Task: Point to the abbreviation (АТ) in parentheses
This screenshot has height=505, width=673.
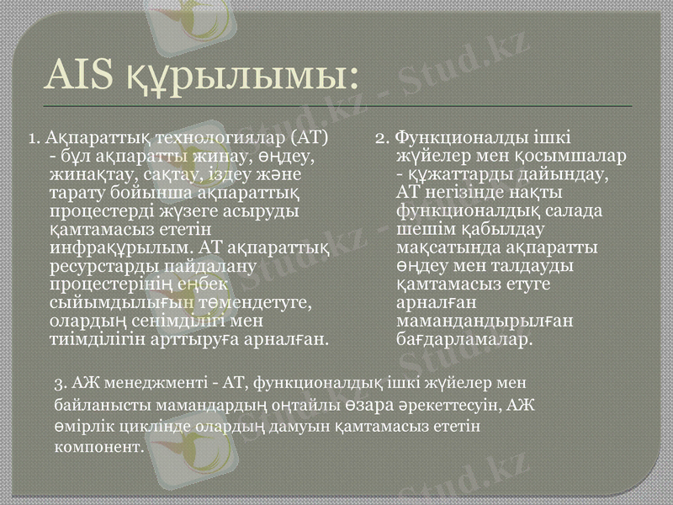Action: point(306,136)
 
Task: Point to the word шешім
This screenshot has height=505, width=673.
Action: point(423,229)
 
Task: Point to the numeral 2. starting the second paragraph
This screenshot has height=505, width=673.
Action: point(381,136)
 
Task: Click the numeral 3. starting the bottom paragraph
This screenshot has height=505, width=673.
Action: point(59,384)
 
